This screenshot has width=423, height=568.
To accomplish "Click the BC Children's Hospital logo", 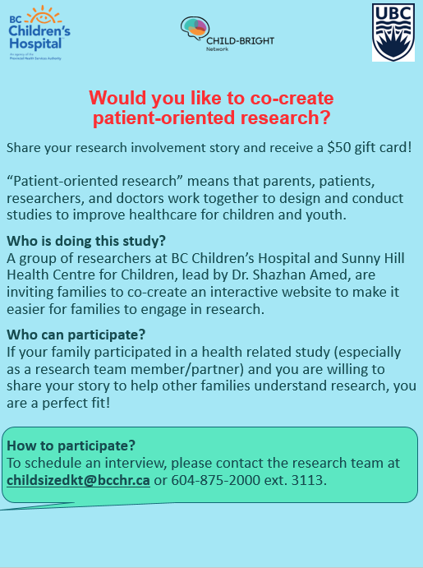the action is coord(39,33).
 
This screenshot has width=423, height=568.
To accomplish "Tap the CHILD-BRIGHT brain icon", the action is coord(195,29).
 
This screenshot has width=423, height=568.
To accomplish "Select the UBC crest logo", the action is coord(393,33).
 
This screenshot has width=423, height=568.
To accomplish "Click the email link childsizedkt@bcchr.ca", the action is coord(78,480).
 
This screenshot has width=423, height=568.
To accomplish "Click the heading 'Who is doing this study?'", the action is coord(86,241).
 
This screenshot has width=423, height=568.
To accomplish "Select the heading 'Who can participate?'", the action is coord(76,335).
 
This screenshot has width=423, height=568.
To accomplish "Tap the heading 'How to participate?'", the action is coord(71,446).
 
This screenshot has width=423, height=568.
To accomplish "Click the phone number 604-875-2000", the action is coord(216,480).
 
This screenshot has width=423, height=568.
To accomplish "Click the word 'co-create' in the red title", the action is coord(292,98).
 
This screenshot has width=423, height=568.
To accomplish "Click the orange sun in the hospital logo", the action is coord(44,15).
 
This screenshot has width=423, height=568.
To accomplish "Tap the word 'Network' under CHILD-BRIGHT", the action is coord(217,49).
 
